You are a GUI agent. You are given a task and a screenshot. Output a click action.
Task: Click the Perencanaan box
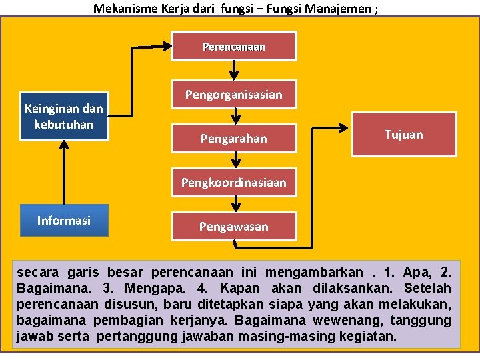[234, 47]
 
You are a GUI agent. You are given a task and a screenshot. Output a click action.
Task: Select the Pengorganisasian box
[234, 95]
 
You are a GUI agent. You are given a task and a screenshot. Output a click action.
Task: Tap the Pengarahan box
[234, 139]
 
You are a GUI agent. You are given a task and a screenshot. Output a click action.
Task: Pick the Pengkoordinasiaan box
[234, 182]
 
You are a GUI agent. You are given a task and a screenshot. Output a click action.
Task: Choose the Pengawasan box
[234, 227]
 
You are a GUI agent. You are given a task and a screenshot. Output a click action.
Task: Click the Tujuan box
[404, 135]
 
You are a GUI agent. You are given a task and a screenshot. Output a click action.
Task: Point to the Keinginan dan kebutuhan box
[64, 116]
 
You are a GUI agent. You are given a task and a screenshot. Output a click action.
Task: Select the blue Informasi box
[64, 221]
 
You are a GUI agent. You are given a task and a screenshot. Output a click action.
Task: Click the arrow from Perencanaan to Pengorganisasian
[234, 70]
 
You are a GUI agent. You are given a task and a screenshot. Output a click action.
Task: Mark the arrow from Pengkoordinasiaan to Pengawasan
[234, 204]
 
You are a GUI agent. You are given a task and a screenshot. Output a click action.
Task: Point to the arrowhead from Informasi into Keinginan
[64, 145]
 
